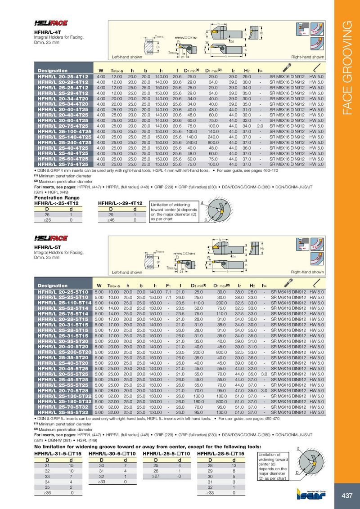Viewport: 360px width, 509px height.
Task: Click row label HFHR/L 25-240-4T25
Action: tap(63, 143)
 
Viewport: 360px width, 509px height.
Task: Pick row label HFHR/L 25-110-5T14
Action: tap(63, 303)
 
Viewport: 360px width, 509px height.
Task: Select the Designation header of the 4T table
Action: tap(53, 71)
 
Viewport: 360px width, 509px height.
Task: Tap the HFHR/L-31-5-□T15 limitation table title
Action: tap(58, 454)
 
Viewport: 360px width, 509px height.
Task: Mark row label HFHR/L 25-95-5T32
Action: tap(63, 412)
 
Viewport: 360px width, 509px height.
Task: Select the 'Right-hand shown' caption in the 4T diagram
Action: tap(307, 58)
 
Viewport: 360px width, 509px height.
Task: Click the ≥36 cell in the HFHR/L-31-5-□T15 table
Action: tap(47, 493)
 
